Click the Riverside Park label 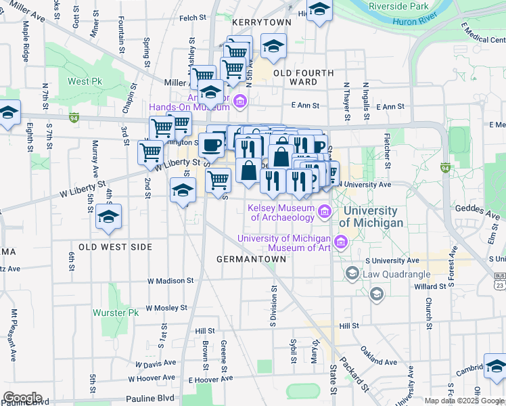[398, 6]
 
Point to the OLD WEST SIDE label [115, 247]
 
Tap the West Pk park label [85, 82]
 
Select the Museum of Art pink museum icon [340, 242]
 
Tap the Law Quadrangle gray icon [352, 273]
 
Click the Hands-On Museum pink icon [239, 102]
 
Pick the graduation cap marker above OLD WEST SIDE [108, 217]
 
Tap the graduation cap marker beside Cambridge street [495, 366]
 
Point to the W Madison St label [170, 280]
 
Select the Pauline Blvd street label [150, 399]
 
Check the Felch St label [192, 16]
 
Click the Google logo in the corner [22, 397]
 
